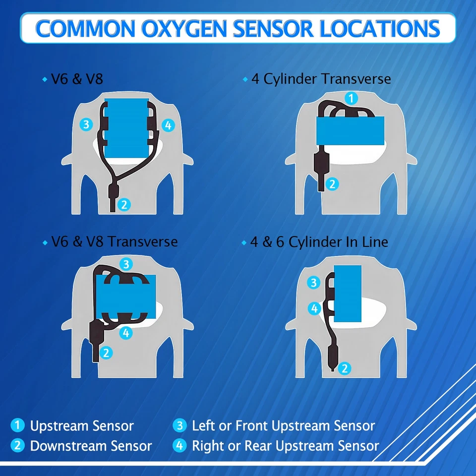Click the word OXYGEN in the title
[190, 28]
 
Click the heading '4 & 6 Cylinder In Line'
[319, 242]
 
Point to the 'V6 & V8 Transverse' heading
[115, 242]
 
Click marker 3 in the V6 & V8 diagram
[86, 124]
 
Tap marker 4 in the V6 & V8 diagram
[169, 125]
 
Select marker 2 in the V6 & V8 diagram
[125, 203]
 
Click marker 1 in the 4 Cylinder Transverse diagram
[351, 98]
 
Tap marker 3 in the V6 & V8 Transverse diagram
[126, 263]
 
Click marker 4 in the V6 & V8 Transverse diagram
[126, 333]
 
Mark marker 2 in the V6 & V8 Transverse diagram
[106, 353]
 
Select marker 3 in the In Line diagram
[313, 283]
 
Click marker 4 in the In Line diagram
[314, 308]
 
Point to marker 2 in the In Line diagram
[346, 368]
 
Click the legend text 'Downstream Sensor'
[91, 446]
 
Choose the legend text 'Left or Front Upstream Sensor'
[283, 425]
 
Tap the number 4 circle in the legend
[179, 445]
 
